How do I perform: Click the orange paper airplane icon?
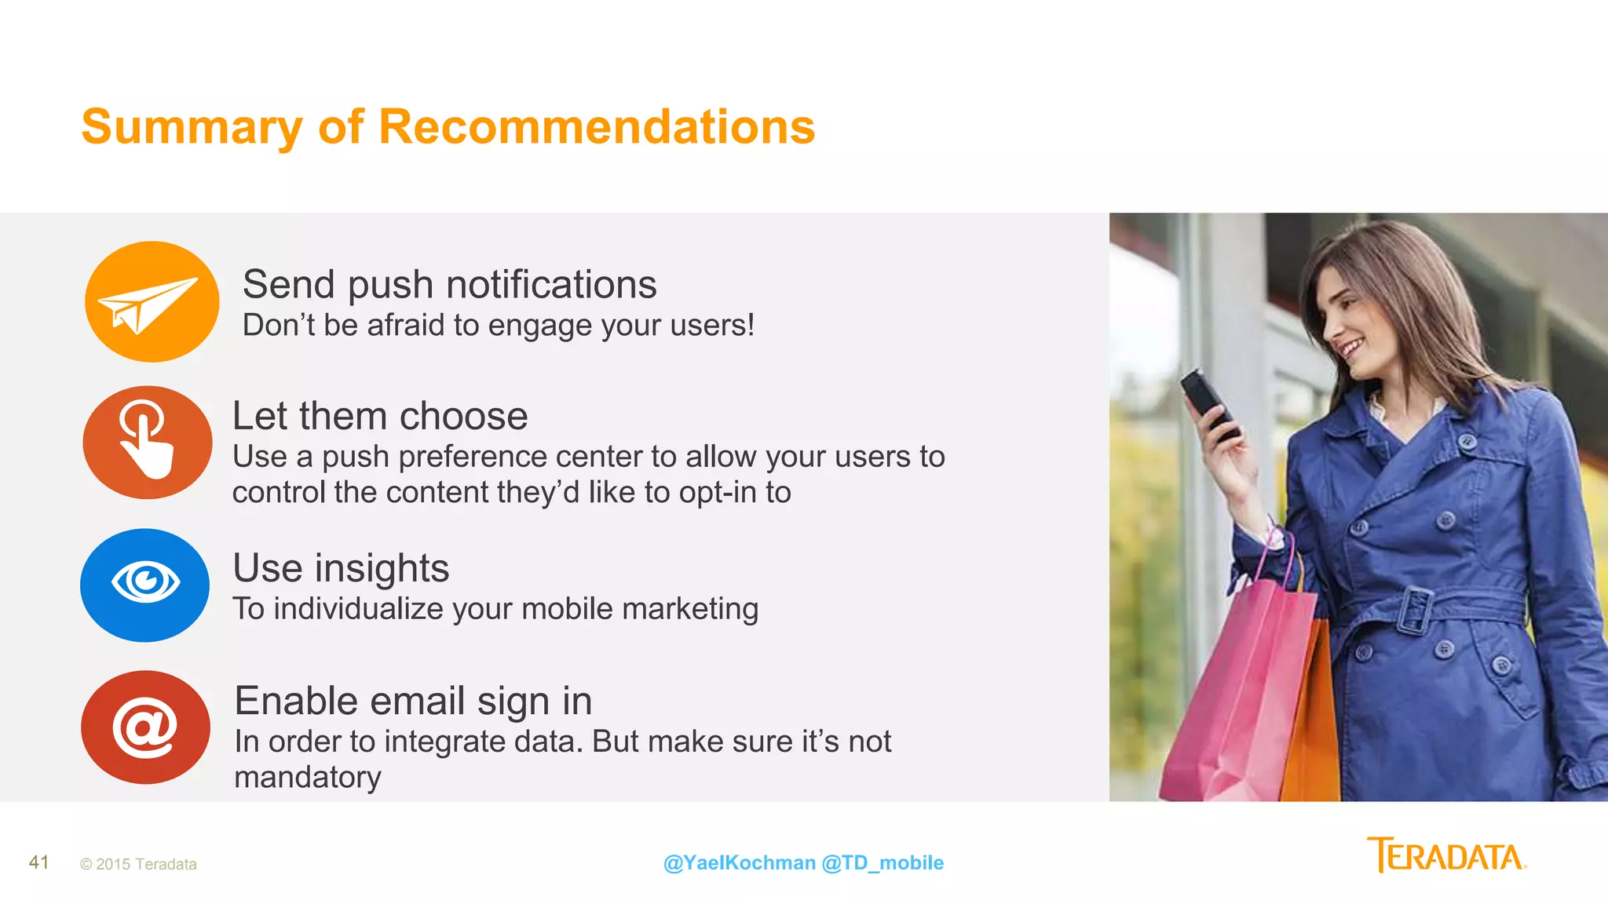pos(152,302)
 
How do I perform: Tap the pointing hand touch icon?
pos(147,442)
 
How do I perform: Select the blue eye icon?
pos(145,585)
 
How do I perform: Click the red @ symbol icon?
pos(145,727)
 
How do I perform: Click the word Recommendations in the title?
pos(597,127)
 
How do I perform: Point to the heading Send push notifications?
pos(449,284)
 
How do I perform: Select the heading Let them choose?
pos(380,416)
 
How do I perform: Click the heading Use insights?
pos(341,568)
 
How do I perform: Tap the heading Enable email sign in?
pos(413,701)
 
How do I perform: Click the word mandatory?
pos(308,777)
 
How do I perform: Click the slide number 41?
pos(39,862)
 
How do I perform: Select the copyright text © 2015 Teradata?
pos(138,864)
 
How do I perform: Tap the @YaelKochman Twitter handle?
pos(739,862)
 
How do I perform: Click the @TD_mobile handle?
pos(883,862)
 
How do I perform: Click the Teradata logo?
pos(1446,855)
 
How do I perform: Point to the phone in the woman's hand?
pos(1209,402)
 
